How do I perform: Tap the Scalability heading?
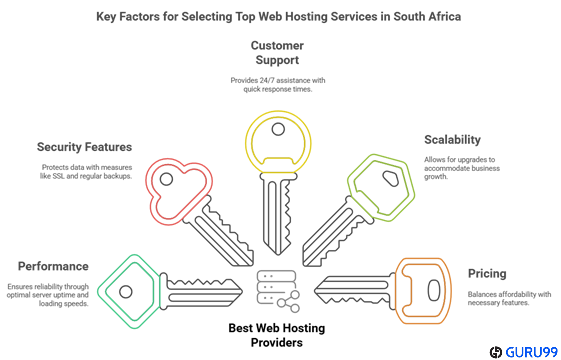452,139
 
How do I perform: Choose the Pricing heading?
487,273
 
